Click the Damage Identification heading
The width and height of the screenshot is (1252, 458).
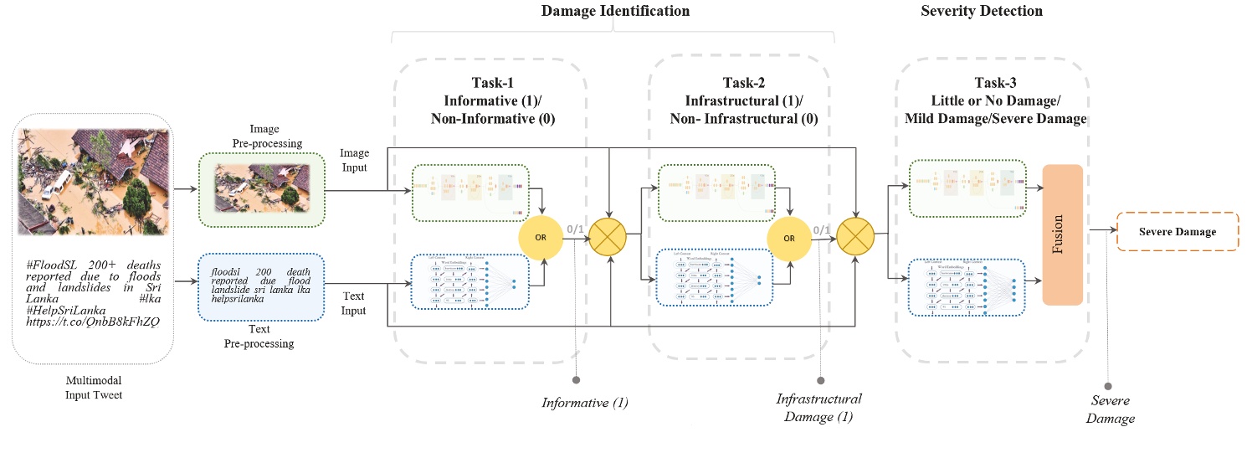615,11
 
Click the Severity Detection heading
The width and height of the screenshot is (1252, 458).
982,11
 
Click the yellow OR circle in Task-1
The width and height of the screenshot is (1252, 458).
541,237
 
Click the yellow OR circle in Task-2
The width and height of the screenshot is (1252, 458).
788,237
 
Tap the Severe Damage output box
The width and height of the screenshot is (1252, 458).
1178,232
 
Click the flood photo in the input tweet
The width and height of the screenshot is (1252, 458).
93,179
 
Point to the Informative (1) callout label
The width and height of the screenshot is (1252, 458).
584,403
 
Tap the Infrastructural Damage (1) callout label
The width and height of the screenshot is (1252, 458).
818,408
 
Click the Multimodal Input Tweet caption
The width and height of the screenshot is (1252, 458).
93,388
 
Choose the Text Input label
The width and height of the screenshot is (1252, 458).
355,303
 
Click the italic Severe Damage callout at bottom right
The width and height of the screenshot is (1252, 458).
1111,410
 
